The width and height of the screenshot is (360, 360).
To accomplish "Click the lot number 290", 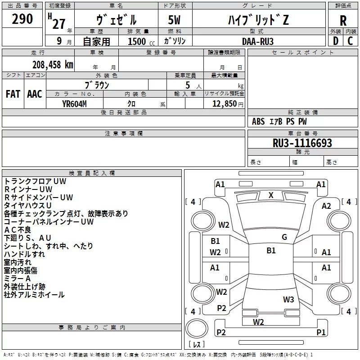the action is (x=22, y=19).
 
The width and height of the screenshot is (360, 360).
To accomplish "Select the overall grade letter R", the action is (x=343, y=20).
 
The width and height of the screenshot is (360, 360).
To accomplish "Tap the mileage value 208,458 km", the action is (x=53, y=65).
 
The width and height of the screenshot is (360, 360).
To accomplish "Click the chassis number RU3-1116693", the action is (x=302, y=143).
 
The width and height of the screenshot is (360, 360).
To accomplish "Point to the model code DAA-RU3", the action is (x=257, y=41).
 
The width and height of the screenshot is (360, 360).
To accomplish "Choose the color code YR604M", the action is (x=74, y=104).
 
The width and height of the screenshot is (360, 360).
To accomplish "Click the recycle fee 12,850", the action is (x=224, y=104).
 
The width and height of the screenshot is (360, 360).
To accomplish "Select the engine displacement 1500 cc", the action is (x=141, y=41).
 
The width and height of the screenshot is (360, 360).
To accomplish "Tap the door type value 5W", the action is (x=174, y=20).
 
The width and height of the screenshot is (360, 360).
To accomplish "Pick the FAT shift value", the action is (x=13, y=94).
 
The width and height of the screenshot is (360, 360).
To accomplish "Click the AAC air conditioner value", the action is (x=35, y=94).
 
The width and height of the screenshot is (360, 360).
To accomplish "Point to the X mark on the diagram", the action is (x=271, y=195).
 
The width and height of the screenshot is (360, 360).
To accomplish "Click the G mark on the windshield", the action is (x=284, y=237).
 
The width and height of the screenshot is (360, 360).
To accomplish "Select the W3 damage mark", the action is (x=288, y=300).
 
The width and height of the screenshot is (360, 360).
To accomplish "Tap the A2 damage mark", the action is (x=326, y=206).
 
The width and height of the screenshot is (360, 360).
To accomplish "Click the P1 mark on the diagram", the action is (x=321, y=332).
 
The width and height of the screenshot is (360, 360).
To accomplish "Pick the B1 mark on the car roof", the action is (x=271, y=250).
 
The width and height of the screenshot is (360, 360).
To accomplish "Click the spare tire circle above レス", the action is (x=197, y=328).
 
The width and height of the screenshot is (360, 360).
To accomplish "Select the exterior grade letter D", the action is (x=336, y=41).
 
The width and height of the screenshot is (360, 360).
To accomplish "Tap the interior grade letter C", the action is (x=350, y=41).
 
